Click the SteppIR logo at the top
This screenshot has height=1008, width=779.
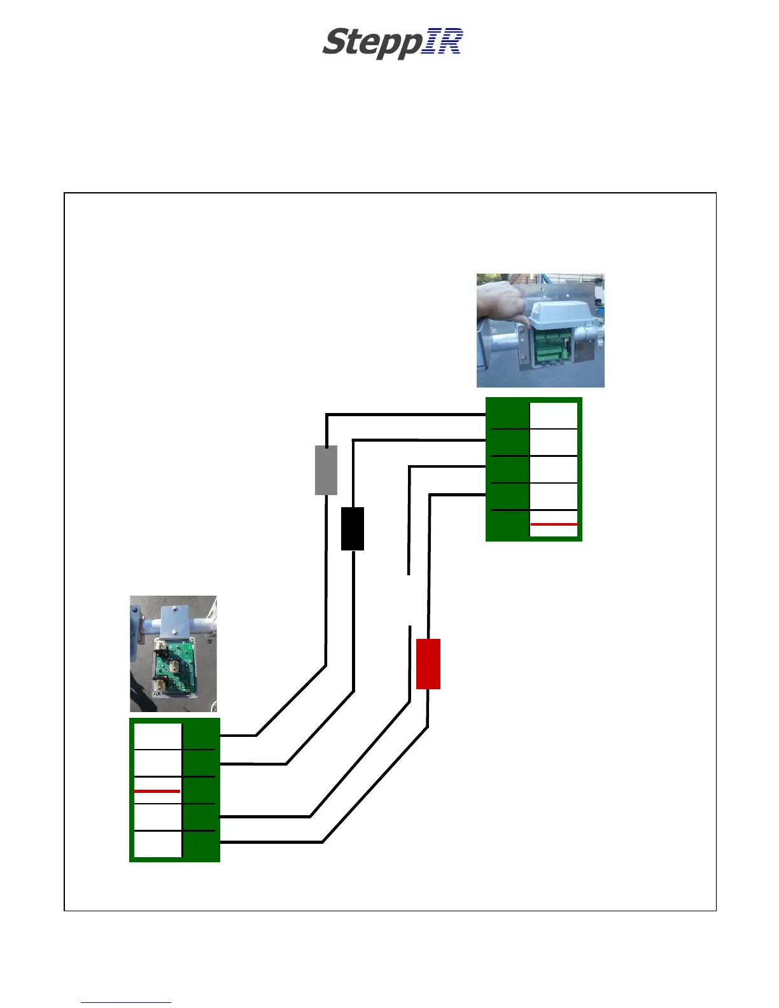click(392, 43)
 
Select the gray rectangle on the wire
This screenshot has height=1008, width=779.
click(326, 470)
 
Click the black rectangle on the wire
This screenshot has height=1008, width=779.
click(353, 528)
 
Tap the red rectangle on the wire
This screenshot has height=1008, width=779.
click(428, 664)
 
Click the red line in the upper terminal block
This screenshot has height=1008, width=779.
click(554, 524)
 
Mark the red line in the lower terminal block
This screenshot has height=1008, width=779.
click(157, 791)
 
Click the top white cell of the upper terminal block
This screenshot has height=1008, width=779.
click(554, 416)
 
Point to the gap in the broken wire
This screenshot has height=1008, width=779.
click(409, 600)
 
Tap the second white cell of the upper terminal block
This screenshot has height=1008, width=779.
click(554, 442)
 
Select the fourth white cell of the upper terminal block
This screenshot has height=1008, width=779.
click(554, 496)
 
